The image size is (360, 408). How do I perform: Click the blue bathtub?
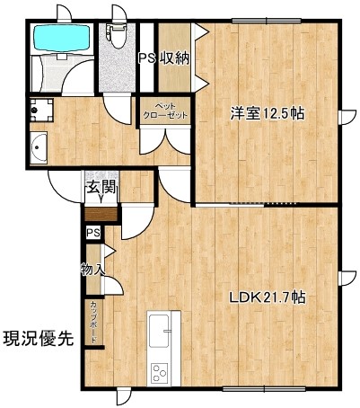pos(62,38)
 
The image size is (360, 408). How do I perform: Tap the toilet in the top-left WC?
pos(117,36)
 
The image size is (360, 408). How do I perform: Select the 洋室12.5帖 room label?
pos(268,114)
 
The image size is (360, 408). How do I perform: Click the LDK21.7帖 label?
pos(268,297)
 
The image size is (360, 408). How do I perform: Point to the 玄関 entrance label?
pos(101,188)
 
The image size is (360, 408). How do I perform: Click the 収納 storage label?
pos(176,58)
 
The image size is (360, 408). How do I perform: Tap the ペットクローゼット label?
pos(165,111)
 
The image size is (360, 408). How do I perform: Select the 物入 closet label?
pos(92,269)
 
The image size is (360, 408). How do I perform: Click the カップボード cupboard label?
pos(93,322)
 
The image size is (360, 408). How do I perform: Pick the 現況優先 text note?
pos(39,339)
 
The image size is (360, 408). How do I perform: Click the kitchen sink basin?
pos(159,331)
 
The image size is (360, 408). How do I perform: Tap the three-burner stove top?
pos(159,372)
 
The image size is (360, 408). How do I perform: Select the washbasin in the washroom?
pos(39,147)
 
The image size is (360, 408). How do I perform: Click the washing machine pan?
pos(41,110)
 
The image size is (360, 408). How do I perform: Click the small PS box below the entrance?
pos(93,233)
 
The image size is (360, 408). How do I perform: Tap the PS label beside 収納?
pos(147,58)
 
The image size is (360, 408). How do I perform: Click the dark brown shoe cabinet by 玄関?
pos(101,214)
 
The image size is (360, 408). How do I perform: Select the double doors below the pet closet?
pos(165,140)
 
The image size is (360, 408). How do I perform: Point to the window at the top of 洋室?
pos(267,21)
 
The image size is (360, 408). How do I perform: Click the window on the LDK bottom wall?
pos(264,388)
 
